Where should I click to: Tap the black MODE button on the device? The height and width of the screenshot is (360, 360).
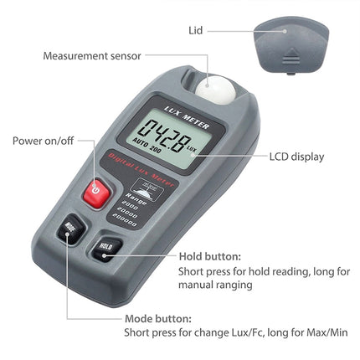69,229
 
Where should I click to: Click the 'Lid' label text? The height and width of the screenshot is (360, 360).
195,31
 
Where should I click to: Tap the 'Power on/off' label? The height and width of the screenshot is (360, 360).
42,141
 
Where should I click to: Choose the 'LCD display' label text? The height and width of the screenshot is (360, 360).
296,156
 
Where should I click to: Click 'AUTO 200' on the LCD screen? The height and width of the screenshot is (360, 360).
154,148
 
